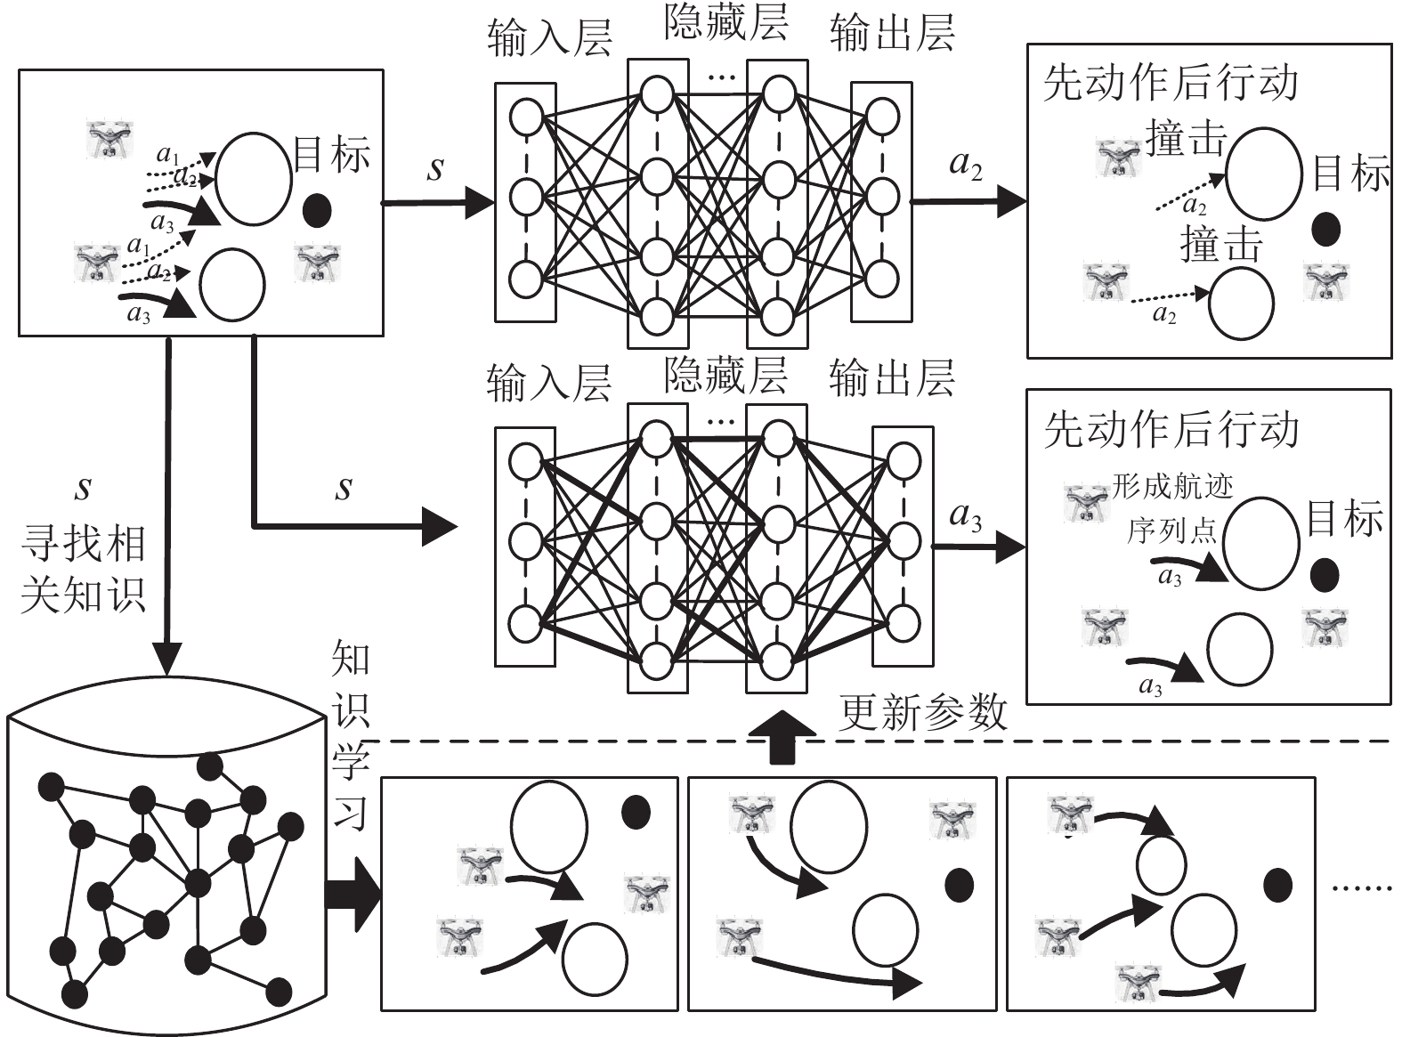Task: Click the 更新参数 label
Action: point(922,713)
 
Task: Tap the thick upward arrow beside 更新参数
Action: point(782,737)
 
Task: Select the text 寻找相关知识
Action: point(84,569)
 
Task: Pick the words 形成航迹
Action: point(1172,487)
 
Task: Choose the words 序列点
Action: point(1172,530)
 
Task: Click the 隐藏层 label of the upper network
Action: point(725,23)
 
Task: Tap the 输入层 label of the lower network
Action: point(548,383)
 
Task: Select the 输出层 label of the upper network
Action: point(892,33)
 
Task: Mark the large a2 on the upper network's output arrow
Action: point(966,165)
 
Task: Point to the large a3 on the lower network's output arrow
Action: point(966,516)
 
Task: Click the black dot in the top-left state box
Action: point(317,211)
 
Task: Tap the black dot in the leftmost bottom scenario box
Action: point(636,812)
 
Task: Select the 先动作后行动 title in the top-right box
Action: point(1170,84)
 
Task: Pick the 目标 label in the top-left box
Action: point(331,154)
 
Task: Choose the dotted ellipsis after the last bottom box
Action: point(1362,887)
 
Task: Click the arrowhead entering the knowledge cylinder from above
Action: point(167,659)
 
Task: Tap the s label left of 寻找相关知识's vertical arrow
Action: point(84,488)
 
